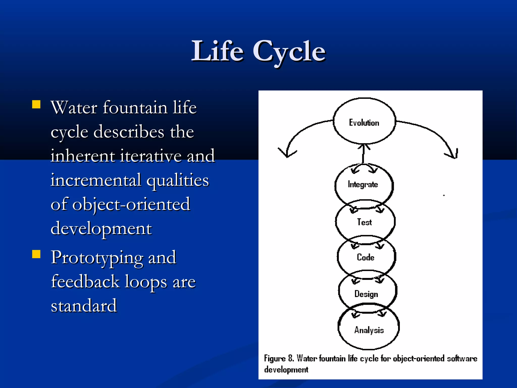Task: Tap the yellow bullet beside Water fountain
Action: click(36, 104)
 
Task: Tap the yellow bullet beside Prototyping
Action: click(36, 254)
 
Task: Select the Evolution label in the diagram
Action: click(364, 123)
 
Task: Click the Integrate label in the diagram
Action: click(363, 184)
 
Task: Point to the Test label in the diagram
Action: click(364, 222)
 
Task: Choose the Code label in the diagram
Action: click(365, 257)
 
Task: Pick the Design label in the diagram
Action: click(366, 294)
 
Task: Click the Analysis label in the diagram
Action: click(369, 330)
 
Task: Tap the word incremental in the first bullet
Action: click(96, 180)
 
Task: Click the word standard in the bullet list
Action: click(84, 306)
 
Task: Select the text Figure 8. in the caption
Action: click(279, 358)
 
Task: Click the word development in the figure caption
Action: click(286, 370)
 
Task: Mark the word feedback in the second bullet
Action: click(85, 281)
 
